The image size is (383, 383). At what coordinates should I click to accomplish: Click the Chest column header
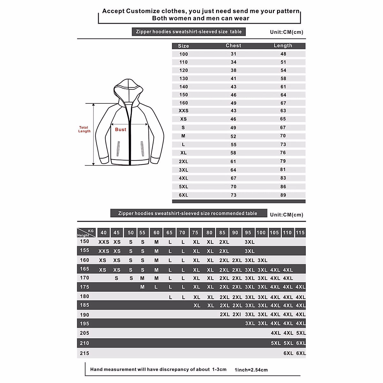coord(233,46)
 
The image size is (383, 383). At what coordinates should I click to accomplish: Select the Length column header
coord(283,46)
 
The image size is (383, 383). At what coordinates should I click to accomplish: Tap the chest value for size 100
coord(233,54)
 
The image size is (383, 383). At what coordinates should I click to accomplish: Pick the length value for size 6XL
coord(283,195)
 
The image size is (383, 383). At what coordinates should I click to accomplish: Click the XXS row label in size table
coord(184,111)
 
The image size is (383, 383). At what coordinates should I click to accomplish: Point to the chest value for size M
coord(233,136)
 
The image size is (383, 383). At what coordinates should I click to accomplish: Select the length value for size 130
coord(283,79)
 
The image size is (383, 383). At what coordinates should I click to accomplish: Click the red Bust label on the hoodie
coord(121,129)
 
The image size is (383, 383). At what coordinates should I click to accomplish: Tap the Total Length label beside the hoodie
coord(84,129)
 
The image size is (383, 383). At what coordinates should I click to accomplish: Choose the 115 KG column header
coord(300,233)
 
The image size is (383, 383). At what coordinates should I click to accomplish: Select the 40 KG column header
coord(103,233)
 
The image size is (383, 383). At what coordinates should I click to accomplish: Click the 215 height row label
coord(85,353)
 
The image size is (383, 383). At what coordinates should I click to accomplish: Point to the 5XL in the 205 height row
coord(301,333)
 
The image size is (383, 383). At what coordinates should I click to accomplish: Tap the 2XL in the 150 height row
coord(224,242)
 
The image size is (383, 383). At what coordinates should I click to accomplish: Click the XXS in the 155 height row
coord(103,251)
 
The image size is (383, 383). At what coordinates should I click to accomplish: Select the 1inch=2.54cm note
coord(251,370)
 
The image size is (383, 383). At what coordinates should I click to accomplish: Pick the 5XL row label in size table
coord(184,187)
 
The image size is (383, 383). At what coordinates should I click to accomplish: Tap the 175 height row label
coord(85,287)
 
